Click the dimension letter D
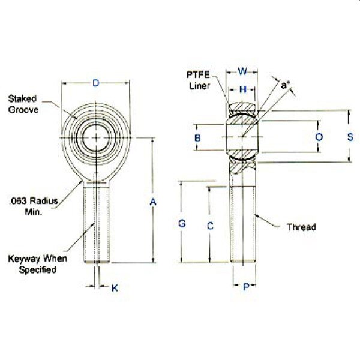[96, 83]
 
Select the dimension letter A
[152, 203]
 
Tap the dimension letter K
[115, 287]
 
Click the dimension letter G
[182, 224]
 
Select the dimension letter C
[209, 226]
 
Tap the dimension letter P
[245, 287]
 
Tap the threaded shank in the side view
[243, 222]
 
